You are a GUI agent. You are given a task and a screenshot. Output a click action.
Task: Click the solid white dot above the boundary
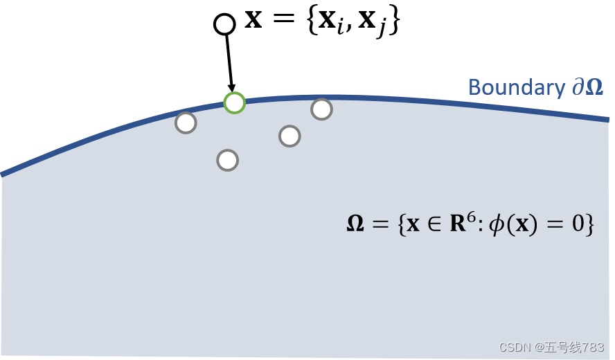224,24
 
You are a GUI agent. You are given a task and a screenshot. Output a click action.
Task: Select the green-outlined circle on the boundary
235,103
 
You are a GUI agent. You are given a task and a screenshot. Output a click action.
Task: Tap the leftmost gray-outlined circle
186,123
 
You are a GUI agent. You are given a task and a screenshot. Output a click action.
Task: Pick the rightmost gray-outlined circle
321,109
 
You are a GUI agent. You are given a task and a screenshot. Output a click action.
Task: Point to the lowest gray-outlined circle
227,160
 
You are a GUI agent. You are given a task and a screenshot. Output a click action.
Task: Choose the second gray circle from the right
289,136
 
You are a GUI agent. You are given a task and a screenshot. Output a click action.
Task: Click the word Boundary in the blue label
517,88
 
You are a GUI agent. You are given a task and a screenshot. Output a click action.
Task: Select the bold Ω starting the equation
355,224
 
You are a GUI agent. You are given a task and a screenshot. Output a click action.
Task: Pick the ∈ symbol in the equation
434,225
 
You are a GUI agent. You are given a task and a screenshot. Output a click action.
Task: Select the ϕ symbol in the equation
497,225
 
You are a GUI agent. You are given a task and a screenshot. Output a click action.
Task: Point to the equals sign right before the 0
557,225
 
